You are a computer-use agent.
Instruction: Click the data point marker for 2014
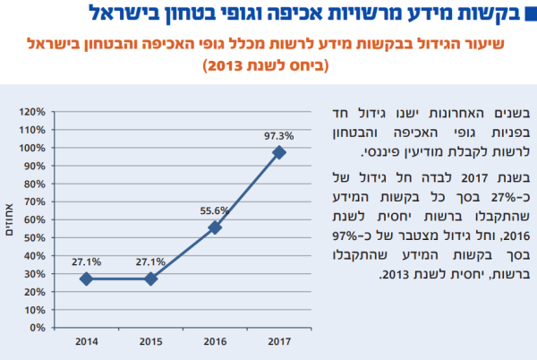[x=86, y=279]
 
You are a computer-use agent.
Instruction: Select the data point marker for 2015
[x=150, y=279]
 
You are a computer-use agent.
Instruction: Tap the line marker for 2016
[x=215, y=227]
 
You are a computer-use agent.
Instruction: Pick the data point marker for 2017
[x=279, y=152]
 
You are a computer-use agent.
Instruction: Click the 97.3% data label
[x=278, y=135]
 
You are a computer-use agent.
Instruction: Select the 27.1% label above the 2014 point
[x=86, y=261]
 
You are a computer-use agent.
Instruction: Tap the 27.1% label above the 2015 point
[x=150, y=261]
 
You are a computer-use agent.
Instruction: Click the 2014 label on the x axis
[x=86, y=340]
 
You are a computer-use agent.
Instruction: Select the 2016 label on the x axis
[x=215, y=340]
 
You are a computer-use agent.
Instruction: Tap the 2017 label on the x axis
[x=279, y=340]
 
